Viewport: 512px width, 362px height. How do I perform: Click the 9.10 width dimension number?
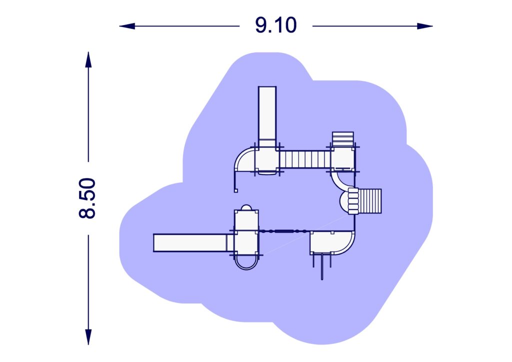(x=275, y=25)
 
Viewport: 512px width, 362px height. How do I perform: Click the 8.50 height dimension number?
(x=87, y=198)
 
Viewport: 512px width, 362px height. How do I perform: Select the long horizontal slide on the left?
(x=190, y=242)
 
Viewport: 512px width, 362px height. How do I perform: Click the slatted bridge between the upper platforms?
(x=305, y=159)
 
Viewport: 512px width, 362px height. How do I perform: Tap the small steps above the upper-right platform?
(x=343, y=138)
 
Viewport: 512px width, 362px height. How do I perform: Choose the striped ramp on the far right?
(x=370, y=201)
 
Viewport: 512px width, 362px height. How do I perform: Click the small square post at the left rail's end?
(x=236, y=190)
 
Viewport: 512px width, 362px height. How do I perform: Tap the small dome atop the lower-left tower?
(x=246, y=207)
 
